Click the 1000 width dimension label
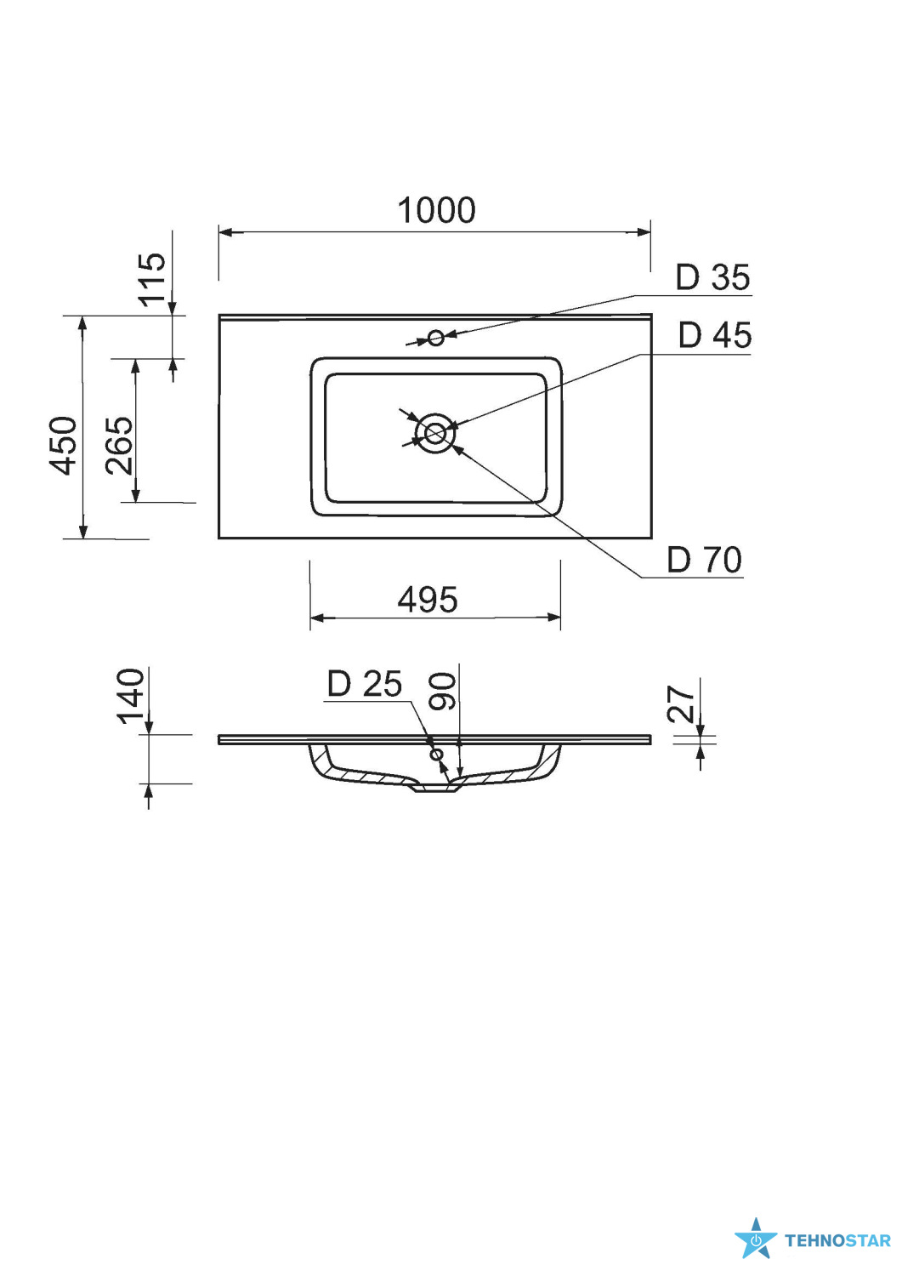point(436,210)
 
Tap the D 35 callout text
point(713,277)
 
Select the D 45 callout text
point(715,335)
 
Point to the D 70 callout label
point(705,560)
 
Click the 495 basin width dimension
point(427,600)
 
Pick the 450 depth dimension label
point(63,446)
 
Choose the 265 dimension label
point(119,446)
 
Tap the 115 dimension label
point(153,279)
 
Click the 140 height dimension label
point(130,696)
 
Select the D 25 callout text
point(365,684)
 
